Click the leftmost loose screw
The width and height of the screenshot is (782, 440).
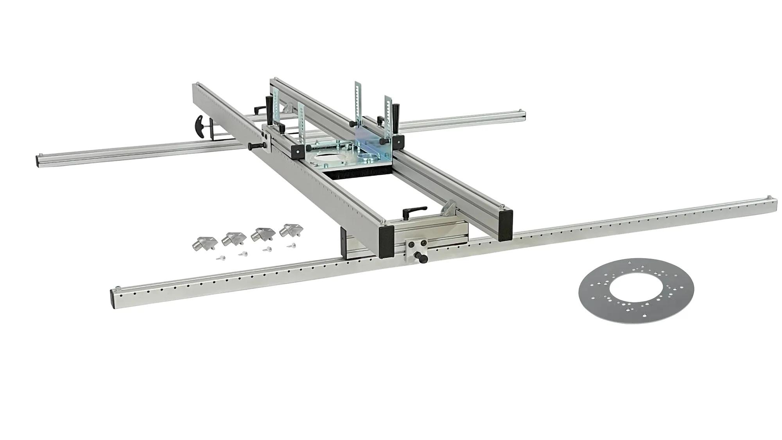221,258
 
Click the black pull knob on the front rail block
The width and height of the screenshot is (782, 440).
422,258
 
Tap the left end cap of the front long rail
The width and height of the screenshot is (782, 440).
115,297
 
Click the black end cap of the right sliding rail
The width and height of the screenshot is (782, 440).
506,225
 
